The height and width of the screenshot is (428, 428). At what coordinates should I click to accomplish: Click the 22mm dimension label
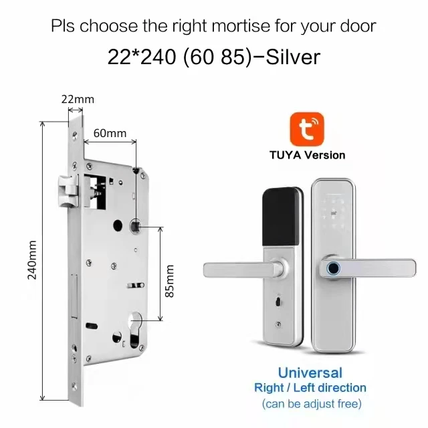[x=78, y=100]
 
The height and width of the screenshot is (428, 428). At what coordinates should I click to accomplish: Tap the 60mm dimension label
[x=110, y=133]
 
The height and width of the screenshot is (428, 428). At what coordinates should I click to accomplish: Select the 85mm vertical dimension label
[x=170, y=282]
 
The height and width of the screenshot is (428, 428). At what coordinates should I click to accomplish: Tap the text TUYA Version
[x=307, y=155]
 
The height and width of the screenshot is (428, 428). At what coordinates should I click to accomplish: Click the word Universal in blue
[x=310, y=372]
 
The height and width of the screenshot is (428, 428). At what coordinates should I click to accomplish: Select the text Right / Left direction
[x=310, y=388]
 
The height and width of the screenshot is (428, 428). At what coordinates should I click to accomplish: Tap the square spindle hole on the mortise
[x=136, y=227]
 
